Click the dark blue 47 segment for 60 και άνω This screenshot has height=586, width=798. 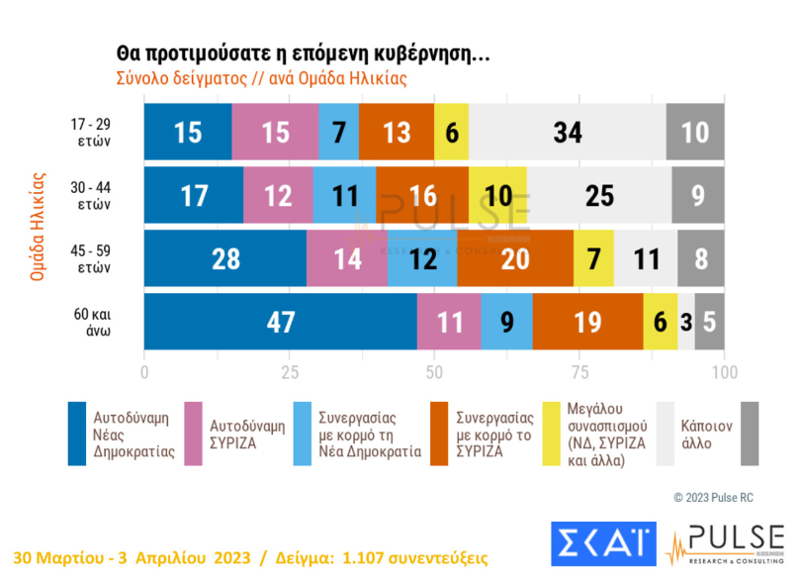(281, 322)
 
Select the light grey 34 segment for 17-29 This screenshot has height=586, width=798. (567, 131)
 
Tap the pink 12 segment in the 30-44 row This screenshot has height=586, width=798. (277, 195)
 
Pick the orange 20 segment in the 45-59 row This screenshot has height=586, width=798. (514, 258)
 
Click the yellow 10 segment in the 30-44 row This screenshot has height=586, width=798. (498, 195)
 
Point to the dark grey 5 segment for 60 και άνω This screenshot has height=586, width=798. (709, 322)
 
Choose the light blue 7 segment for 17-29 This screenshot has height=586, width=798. (338, 131)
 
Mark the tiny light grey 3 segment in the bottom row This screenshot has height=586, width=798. (685, 322)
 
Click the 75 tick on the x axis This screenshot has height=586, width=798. (579, 372)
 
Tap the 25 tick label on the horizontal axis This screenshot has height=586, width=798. (290, 372)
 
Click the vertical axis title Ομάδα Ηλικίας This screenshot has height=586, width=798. (39, 227)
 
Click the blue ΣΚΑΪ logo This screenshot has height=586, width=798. (602, 542)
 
